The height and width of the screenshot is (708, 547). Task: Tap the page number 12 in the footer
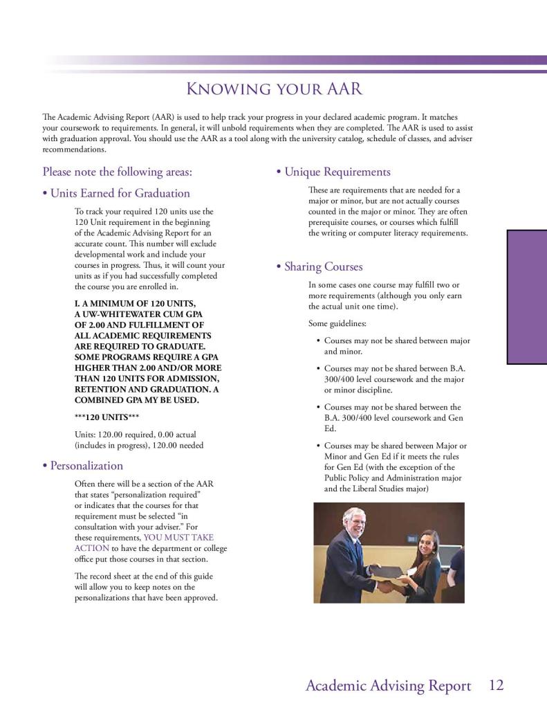point(496,686)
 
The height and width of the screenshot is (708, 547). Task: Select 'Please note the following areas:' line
point(118,172)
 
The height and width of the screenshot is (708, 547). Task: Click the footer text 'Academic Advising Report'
point(388,686)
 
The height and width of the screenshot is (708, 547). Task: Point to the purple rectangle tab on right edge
point(527,297)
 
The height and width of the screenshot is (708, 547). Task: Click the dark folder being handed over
point(388,572)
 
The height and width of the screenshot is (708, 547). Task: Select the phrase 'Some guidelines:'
point(337,323)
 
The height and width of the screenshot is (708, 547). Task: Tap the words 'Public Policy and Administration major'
point(393,478)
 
